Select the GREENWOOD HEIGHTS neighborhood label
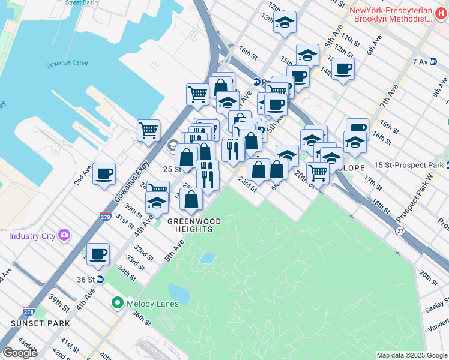click(x=194, y=222)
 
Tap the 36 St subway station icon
click(x=101, y=279)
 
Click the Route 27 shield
click(x=400, y=230)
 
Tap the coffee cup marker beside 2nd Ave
click(x=104, y=174)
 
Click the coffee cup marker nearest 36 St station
click(x=98, y=254)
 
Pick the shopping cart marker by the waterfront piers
click(x=148, y=130)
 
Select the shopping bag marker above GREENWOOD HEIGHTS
click(x=191, y=200)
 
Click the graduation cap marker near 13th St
click(x=285, y=23)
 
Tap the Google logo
click(x=20, y=353)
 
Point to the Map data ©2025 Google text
click(x=412, y=355)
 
